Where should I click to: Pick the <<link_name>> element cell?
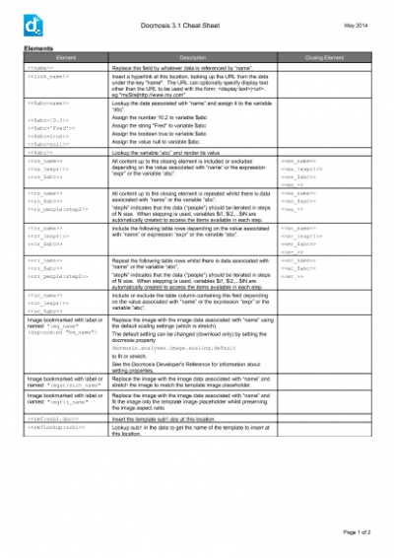click(x=48, y=75)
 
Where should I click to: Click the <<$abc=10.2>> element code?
click(x=49, y=118)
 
